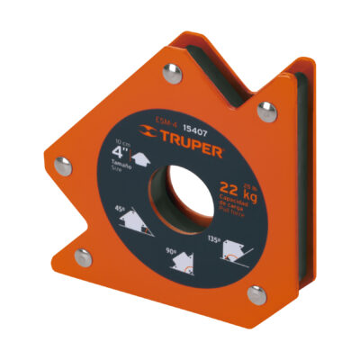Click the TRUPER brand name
click(193, 141)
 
